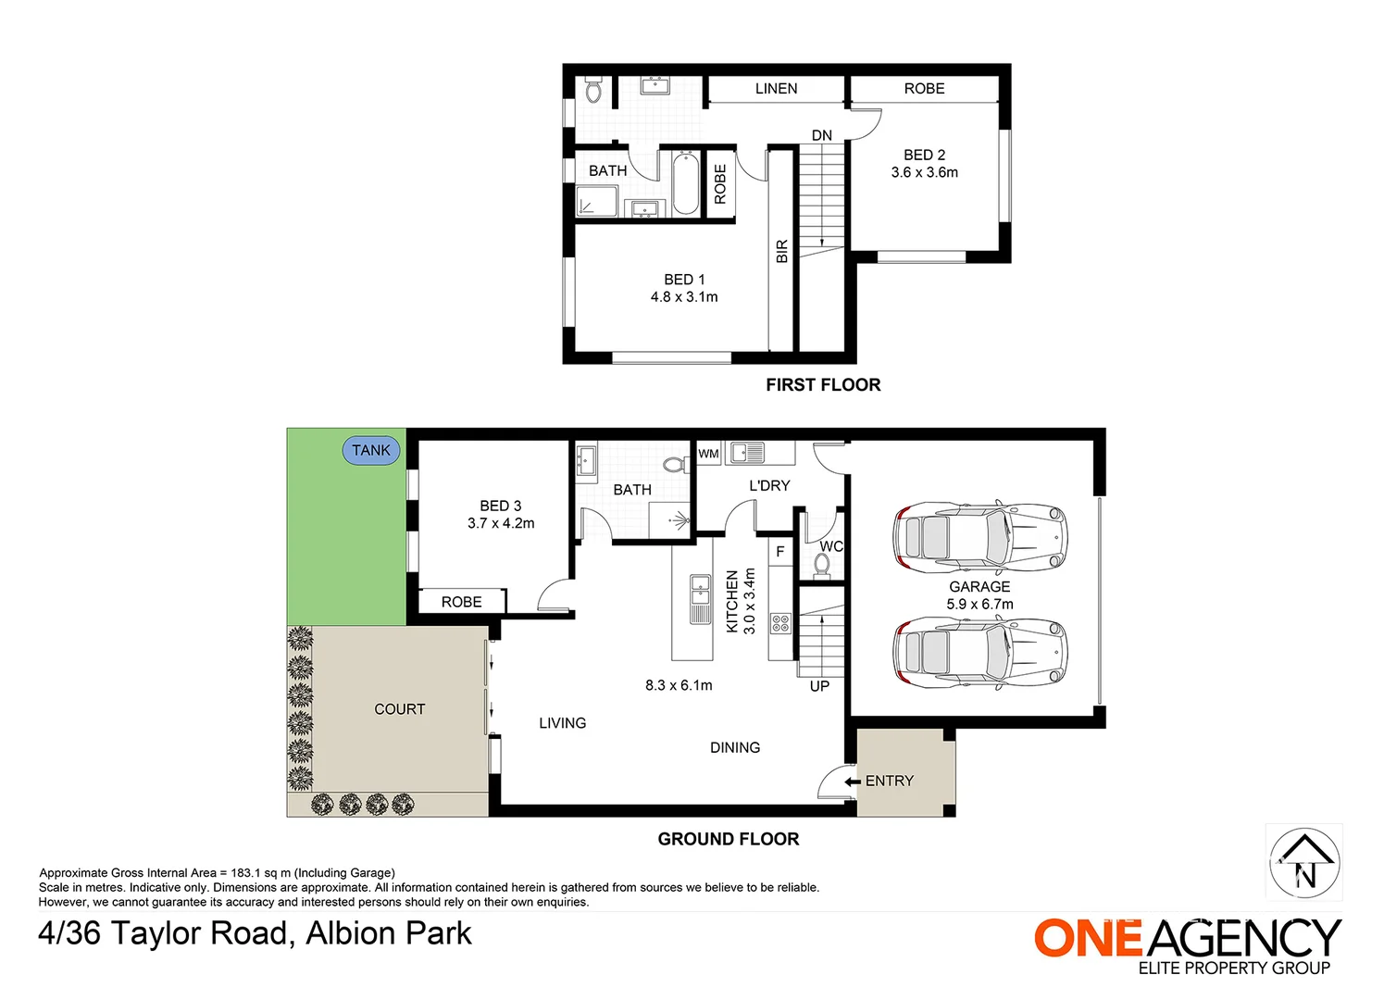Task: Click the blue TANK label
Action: click(370, 451)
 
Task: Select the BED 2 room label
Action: click(924, 156)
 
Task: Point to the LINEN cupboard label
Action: click(776, 89)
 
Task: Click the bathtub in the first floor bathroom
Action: click(685, 183)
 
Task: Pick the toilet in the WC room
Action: click(822, 566)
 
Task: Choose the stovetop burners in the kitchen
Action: click(780, 623)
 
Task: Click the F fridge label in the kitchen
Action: click(780, 552)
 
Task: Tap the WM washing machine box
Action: click(709, 454)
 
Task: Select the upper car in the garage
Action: click(980, 535)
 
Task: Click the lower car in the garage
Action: click(980, 652)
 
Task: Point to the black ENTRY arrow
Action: click(853, 781)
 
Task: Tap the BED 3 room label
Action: click(501, 506)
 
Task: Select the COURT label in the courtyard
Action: click(400, 709)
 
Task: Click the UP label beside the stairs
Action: click(819, 687)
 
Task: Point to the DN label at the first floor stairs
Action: click(822, 135)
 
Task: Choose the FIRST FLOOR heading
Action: click(823, 385)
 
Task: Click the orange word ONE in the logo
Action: click(1088, 938)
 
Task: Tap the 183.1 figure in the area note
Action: click(247, 872)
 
